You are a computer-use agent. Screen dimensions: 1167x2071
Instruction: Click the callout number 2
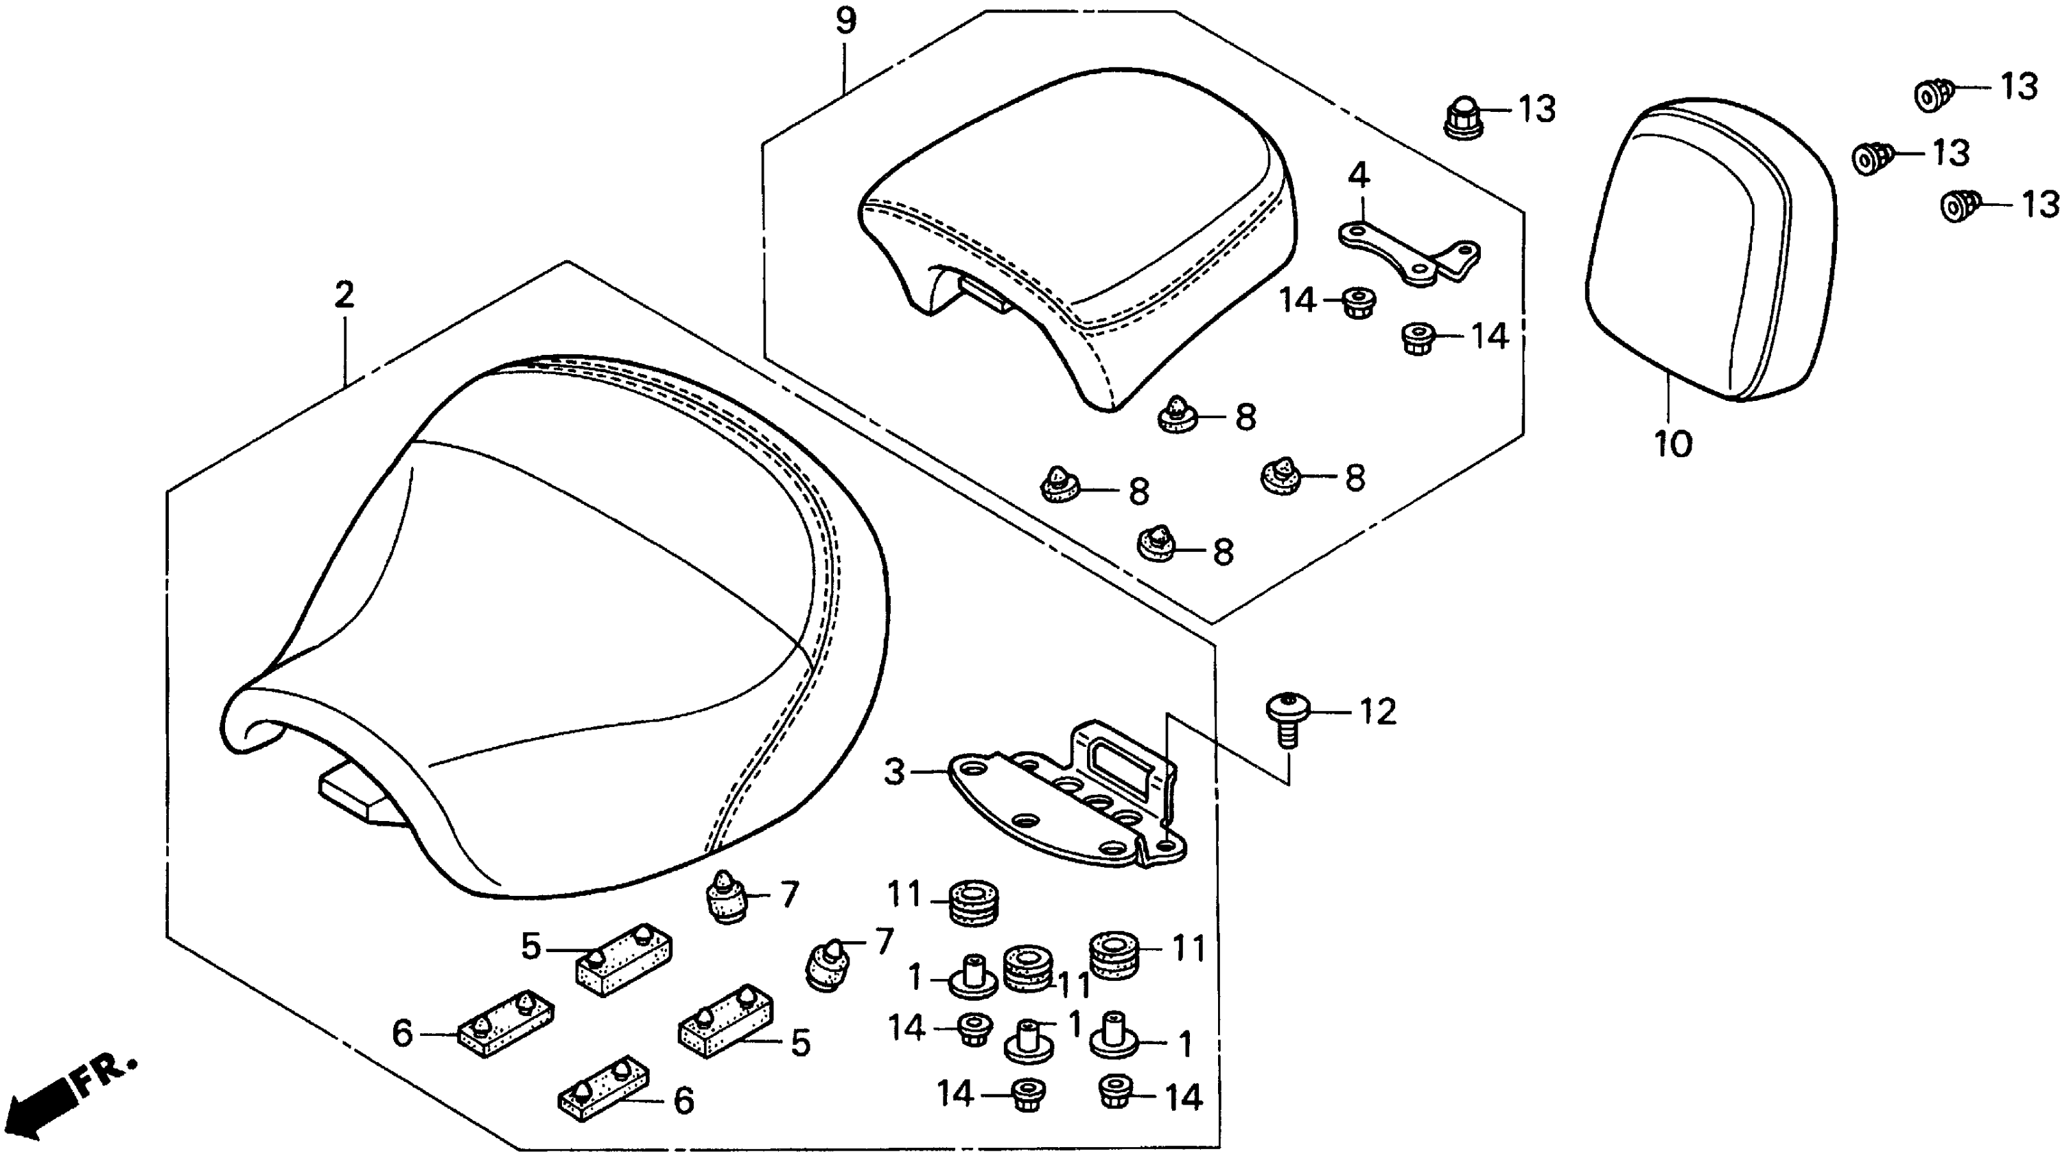tap(344, 295)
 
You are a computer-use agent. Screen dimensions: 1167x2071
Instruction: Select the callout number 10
tap(1674, 443)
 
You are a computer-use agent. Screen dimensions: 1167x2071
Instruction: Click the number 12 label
tap(1377, 712)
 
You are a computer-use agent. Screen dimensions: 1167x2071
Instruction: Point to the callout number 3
tap(895, 772)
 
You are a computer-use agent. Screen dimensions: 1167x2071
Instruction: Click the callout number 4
tap(1359, 174)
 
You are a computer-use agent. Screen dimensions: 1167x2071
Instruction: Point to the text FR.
tap(106, 1072)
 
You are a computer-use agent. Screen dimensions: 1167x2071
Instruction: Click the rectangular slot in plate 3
tap(1121, 760)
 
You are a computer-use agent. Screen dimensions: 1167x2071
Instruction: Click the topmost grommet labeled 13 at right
tap(1932, 94)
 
